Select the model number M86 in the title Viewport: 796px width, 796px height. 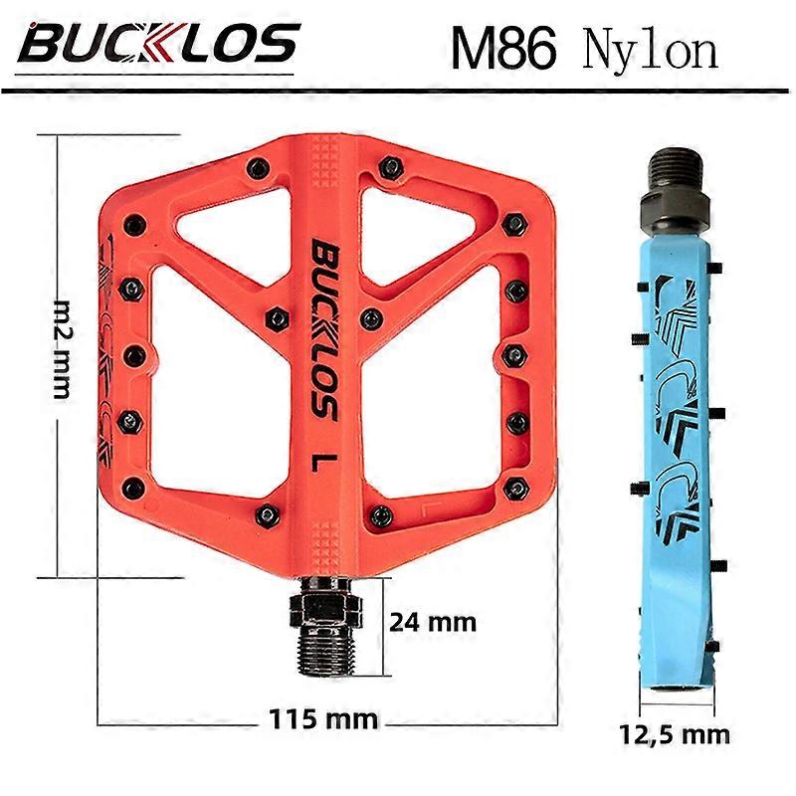pyautogui.click(x=501, y=47)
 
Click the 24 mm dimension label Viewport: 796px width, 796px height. pyautogui.click(x=431, y=623)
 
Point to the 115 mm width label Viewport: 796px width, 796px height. pyautogui.click(x=323, y=717)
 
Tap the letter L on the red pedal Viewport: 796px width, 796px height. pyautogui.click(x=322, y=462)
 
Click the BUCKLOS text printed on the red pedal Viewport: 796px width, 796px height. pyautogui.click(x=324, y=328)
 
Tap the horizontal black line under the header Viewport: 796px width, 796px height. pyautogui.click(x=398, y=92)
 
